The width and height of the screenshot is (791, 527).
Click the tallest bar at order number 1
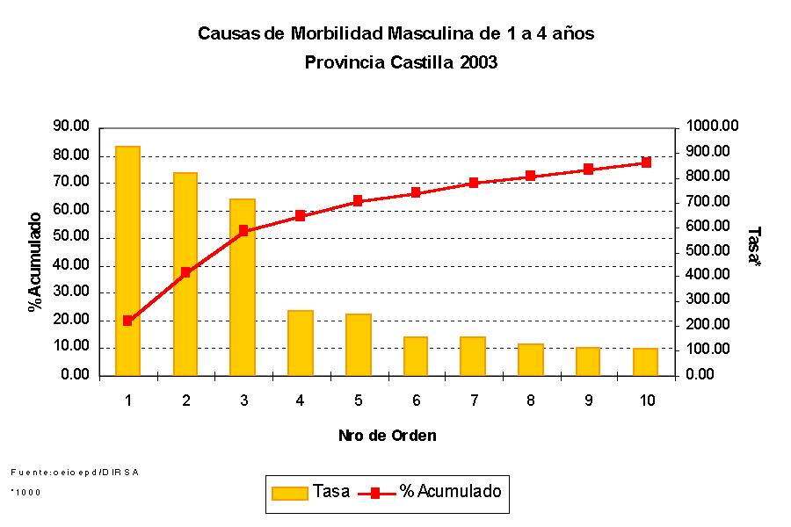(x=128, y=261)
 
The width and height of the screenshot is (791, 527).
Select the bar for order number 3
(x=243, y=287)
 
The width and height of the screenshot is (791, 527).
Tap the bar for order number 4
(x=301, y=343)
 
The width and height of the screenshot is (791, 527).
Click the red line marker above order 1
(x=128, y=321)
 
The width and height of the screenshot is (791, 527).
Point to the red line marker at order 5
(x=359, y=201)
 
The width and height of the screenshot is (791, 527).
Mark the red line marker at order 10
(x=647, y=162)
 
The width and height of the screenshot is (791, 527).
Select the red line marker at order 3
(x=243, y=231)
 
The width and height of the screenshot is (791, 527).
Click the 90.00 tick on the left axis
(x=71, y=127)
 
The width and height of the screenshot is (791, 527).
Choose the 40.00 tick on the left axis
(x=71, y=265)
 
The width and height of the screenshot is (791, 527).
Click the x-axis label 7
(x=474, y=401)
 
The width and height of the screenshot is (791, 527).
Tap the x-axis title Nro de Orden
(x=388, y=436)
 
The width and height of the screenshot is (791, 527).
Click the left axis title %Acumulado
(x=35, y=262)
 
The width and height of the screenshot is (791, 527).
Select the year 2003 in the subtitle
(x=479, y=63)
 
